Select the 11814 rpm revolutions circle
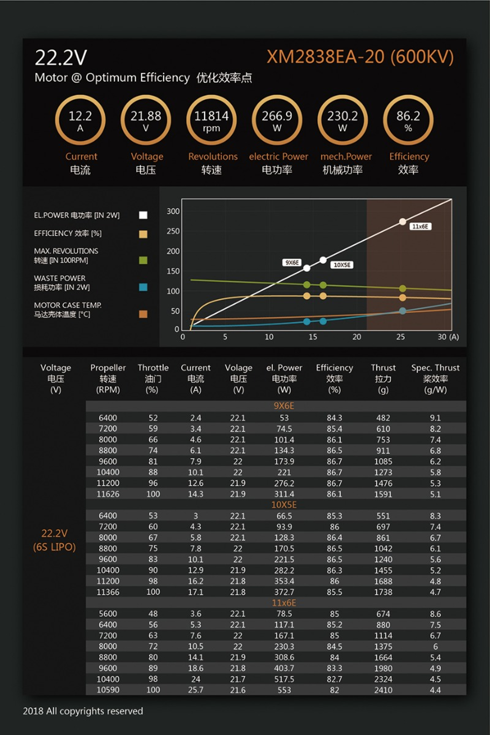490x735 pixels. [x=211, y=120]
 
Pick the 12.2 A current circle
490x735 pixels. [x=80, y=120]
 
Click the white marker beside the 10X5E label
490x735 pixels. [x=323, y=260]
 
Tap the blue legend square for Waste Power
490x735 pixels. [x=143, y=287]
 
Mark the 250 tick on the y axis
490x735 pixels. [x=173, y=231]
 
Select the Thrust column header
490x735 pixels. [x=383, y=378]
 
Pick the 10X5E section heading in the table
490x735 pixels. [x=284, y=505]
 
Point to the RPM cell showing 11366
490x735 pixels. [x=108, y=592]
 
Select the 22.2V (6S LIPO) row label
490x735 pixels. [x=54, y=540]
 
